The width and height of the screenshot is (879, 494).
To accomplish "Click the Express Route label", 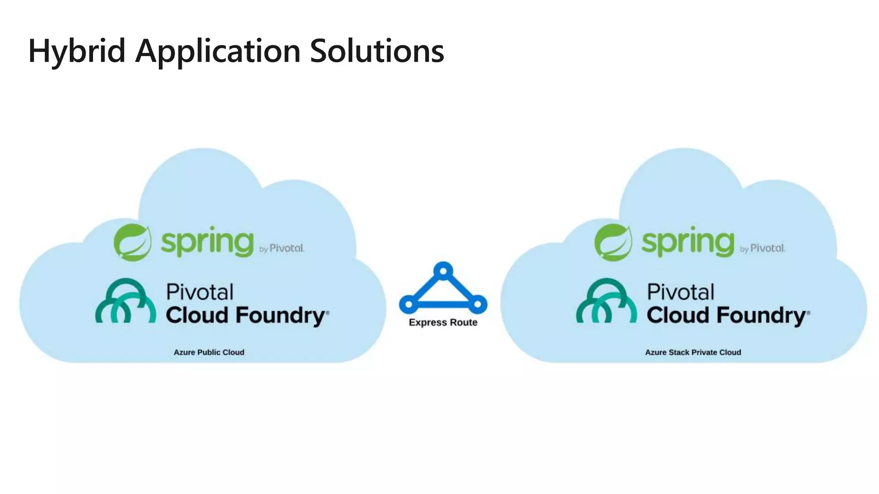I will pos(443,322).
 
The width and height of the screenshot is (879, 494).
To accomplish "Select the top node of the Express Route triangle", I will pos(443,271).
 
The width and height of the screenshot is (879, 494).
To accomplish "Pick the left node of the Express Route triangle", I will pos(409,304).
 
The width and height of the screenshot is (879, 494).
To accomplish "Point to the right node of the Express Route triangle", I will pos(477,304).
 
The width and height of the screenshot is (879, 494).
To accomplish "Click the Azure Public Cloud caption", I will pos(209,352).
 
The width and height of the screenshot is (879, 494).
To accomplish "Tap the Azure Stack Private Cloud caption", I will pos(693,352).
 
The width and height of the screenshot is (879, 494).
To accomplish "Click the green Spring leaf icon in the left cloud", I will pos(133,242).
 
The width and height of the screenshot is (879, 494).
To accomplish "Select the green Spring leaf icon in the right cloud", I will pos(613,242).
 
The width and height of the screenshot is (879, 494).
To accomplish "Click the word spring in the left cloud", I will pos(207,242).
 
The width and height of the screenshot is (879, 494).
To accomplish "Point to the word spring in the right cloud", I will pos(688,242).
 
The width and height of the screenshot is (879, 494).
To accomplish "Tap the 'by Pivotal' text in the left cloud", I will pos(282,248).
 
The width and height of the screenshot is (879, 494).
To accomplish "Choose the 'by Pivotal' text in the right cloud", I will pos(762,248).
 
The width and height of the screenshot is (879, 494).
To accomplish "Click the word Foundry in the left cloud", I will pos(280,316).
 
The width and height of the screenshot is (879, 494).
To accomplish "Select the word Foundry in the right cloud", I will pos(761,316).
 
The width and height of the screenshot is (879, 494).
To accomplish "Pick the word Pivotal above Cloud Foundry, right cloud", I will pos(680,292).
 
